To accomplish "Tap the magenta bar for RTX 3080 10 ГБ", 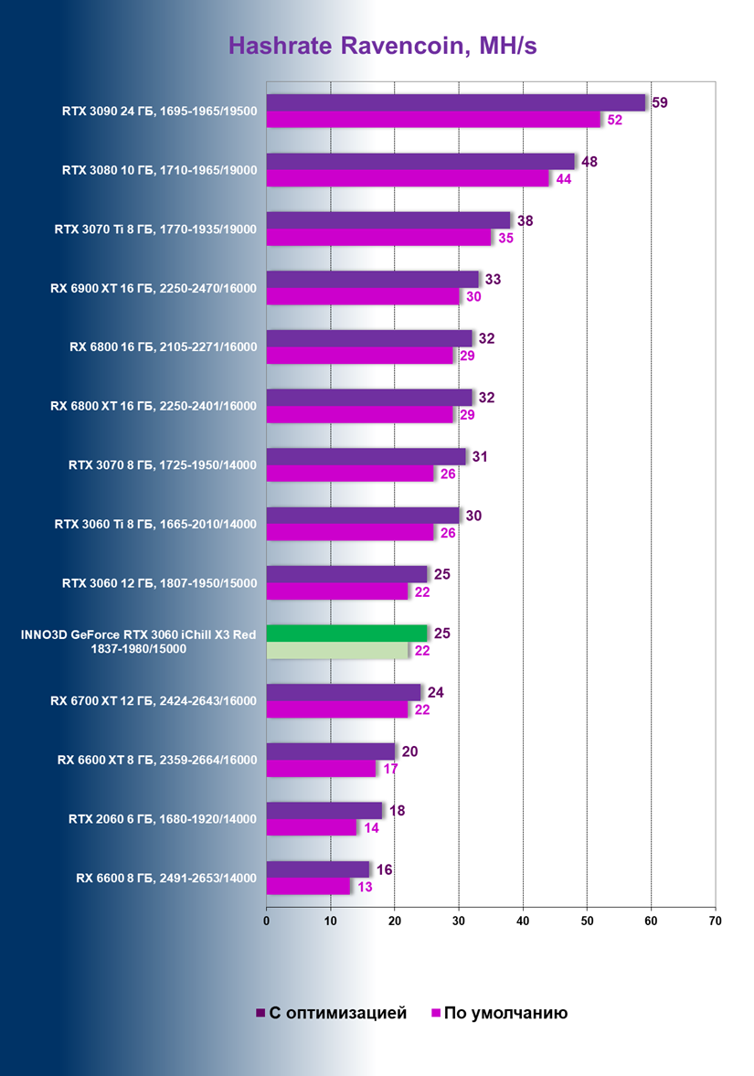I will [x=408, y=178].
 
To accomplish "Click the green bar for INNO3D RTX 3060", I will [x=346, y=633].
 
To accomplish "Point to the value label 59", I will [x=658, y=102].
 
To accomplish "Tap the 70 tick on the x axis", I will [x=715, y=921].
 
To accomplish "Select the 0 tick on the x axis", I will [x=266, y=921].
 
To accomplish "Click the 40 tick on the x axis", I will [x=523, y=921].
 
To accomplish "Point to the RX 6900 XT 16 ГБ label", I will [x=154, y=288].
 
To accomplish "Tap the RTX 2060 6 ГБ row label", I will [x=163, y=818].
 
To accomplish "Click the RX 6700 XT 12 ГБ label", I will [x=154, y=701].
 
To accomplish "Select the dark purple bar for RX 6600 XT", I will [x=330, y=751].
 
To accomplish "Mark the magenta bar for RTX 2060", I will [x=311, y=827].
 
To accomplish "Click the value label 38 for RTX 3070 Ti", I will [x=525, y=220].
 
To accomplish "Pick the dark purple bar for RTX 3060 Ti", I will [x=362, y=516].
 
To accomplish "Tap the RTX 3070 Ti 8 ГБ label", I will [x=155, y=229].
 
